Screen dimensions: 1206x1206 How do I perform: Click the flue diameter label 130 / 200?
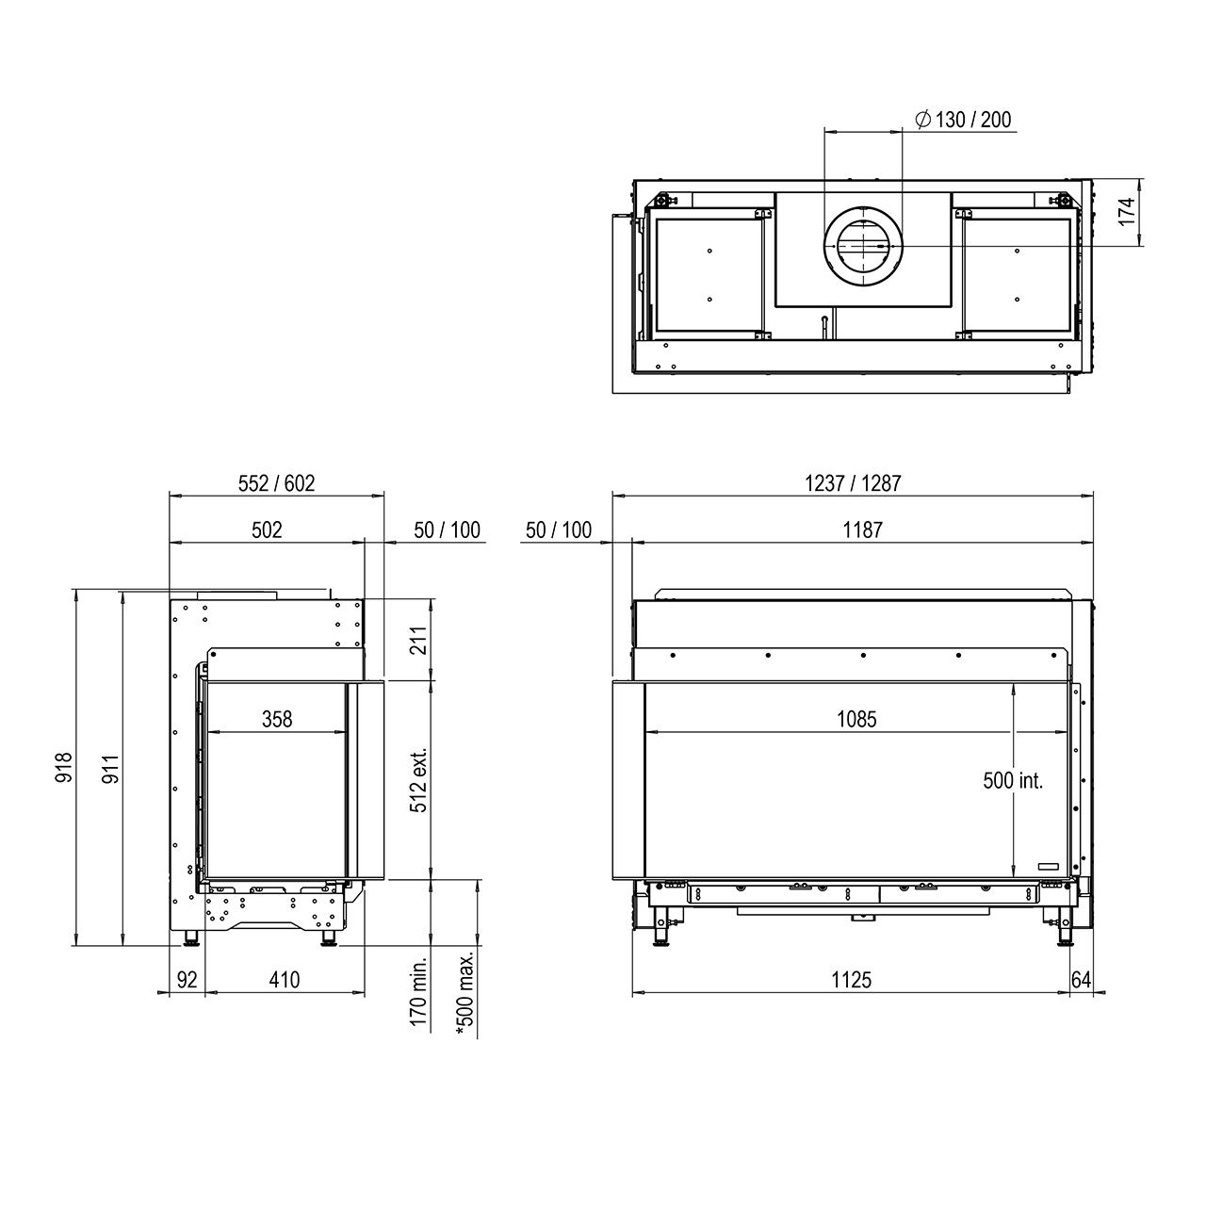972,120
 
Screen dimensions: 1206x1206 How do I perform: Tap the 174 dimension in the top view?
1127,212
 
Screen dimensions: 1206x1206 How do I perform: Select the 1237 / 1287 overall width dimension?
853,483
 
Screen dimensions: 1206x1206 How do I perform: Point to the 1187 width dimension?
862,530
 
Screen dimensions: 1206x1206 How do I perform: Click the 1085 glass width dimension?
856,719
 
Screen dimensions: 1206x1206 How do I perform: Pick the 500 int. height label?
1013,780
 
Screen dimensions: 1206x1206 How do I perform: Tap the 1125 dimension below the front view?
851,980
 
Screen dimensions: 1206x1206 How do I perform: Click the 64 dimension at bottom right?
1081,980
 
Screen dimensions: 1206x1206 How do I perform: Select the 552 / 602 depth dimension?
276,483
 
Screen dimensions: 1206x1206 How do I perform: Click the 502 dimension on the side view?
267,530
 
